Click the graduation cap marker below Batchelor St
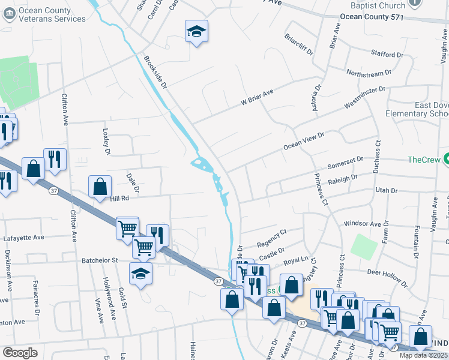(141, 274)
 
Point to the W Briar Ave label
(257, 98)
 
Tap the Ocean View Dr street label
(303, 142)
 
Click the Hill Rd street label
(119, 198)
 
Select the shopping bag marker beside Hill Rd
(100, 187)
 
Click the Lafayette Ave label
(24, 238)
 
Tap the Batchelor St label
(101, 261)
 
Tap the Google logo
(20, 353)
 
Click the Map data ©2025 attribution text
(424, 355)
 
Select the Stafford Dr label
(387, 54)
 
